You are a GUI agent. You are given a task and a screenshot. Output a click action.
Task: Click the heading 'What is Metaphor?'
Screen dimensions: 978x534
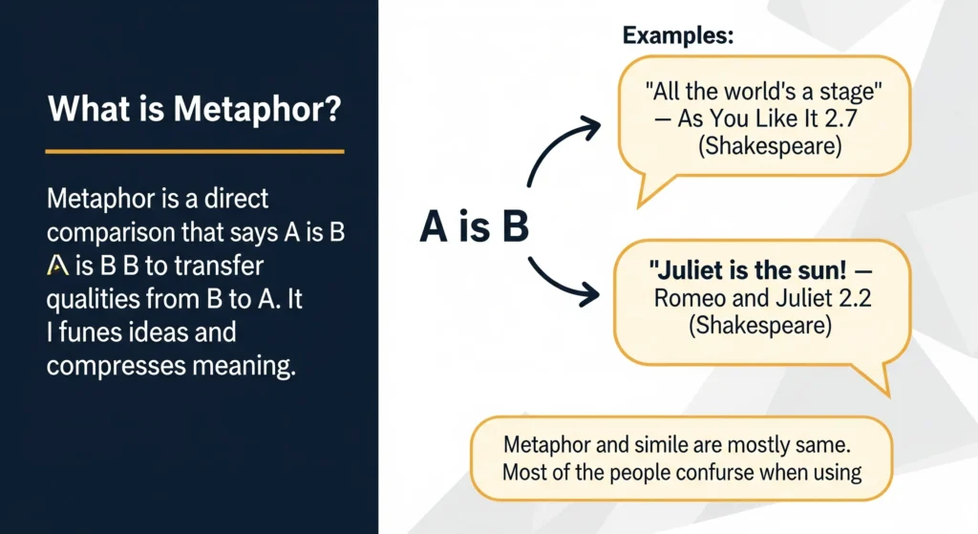coord(195,109)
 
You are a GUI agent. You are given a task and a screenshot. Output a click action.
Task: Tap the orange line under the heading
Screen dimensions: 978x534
coord(195,151)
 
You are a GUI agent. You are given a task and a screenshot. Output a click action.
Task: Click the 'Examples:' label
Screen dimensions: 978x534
coord(678,35)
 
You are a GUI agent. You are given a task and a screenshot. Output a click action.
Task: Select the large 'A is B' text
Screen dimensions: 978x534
coord(474,225)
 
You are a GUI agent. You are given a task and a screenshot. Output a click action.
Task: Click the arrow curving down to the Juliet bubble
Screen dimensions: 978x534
coord(557,284)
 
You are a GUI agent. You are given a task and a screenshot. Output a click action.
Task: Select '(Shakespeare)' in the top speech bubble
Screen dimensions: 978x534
coord(770,146)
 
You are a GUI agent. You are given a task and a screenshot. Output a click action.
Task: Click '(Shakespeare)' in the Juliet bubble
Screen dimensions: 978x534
coord(760,325)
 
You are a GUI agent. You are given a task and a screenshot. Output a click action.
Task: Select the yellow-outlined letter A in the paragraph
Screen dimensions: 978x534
coord(57,266)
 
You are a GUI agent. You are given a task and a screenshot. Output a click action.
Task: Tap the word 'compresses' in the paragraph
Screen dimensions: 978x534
coord(116,366)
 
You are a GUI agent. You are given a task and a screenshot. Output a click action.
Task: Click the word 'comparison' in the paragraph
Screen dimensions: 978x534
coord(111,233)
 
